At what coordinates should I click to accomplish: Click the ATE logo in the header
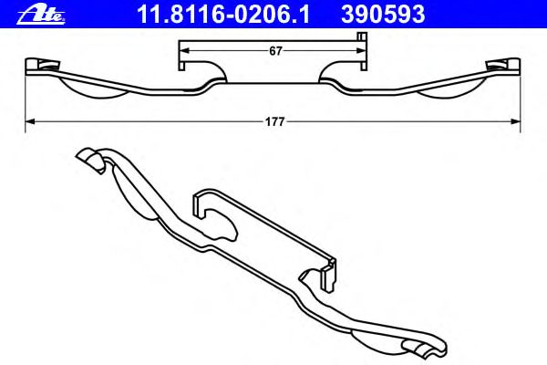pyautogui.click(x=41, y=15)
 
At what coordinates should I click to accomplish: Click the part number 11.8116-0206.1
pyautogui.click(x=223, y=15)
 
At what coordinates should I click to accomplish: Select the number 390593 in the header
pyautogui.click(x=383, y=15)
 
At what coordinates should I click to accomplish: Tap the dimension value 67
pyautogui.click(x=275, y=51)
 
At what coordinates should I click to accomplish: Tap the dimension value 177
pyautogui.click(x=275, y=122)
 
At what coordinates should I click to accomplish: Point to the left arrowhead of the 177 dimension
pyautogui.click(x=30, y=121)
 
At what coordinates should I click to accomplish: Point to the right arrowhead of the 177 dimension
pyautogui.click(x=515, y=121)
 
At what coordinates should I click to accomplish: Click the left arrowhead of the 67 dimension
pyautogui.click(x=184, y=51)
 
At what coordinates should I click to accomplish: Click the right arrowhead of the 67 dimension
pyautogui.click(x=361, y=51)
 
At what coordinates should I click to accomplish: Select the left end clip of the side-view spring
pyautogui.click(x=42, y=66)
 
